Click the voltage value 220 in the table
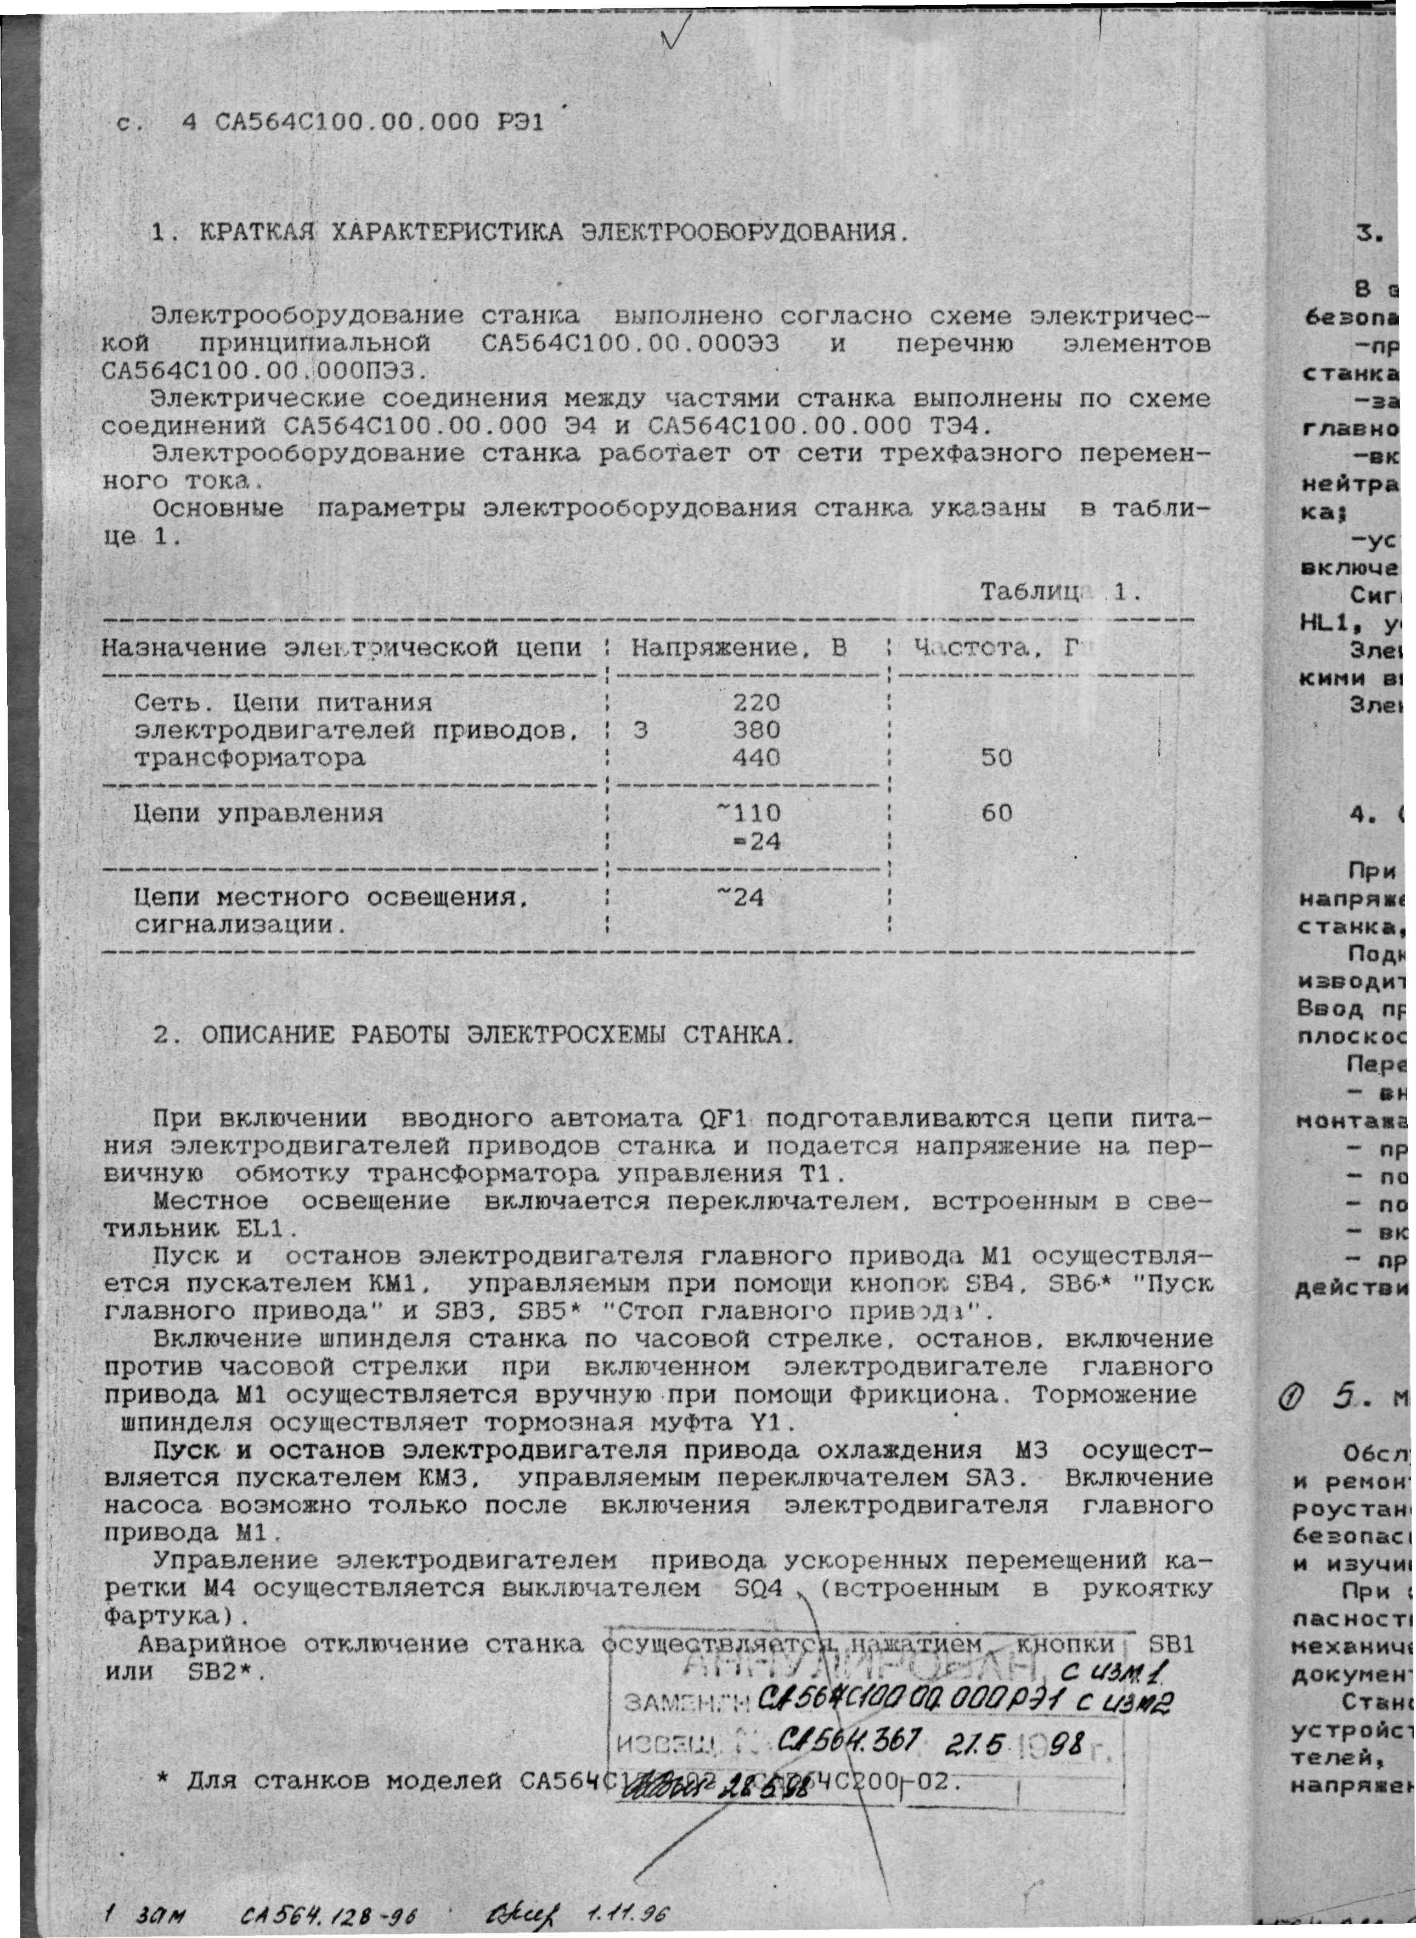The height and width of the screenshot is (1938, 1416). point(756,703)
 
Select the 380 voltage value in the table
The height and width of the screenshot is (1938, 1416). point(756,731)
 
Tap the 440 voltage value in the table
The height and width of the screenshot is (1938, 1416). point(756,758)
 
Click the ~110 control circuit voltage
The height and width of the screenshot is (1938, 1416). point(752,812)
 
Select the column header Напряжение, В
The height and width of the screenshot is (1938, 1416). point(739,648)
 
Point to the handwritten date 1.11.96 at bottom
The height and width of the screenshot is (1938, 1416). point(628,1913)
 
